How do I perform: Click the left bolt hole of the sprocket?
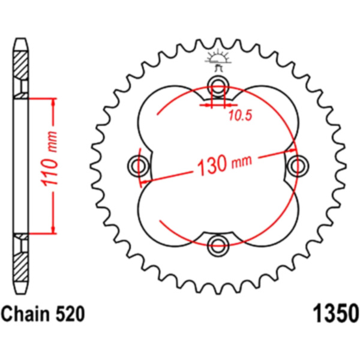pyautogui.click(x=139, y=166)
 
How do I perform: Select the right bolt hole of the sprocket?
pyautogui.click(x=298, y=166)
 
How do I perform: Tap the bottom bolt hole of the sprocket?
pyautogui.click(x=218, y=245)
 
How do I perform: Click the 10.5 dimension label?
pyautogui.click(x=240, y=115)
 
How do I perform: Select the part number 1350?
pyautogui.click(x=335, y=314)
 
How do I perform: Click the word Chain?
pyautogui.click(x=25, y=314)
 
